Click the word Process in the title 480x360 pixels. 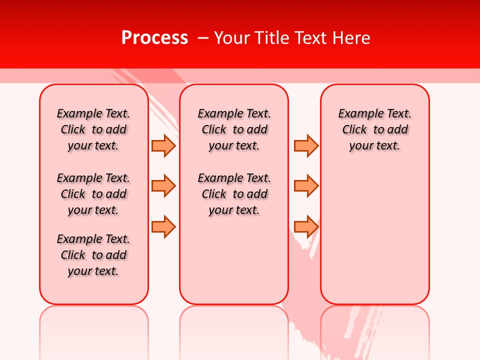point(154,38)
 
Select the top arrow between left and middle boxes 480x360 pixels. point(163,145)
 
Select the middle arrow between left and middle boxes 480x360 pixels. point(163,186)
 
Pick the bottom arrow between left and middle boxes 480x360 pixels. point(163,226)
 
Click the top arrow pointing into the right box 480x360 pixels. point(306,145)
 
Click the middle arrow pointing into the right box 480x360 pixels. point(306,186)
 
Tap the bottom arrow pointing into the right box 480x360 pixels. point(306,226)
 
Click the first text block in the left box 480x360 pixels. point(93,129)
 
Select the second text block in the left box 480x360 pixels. point(93,194)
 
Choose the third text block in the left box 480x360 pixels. point(93,255)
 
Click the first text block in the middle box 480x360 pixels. point(234,129)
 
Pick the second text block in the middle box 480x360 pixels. point(234,194)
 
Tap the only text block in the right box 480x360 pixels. point(374,129)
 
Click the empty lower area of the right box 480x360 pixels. point(374,235)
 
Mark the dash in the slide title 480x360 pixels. point(203,38)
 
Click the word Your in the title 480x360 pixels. point(231,38)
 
